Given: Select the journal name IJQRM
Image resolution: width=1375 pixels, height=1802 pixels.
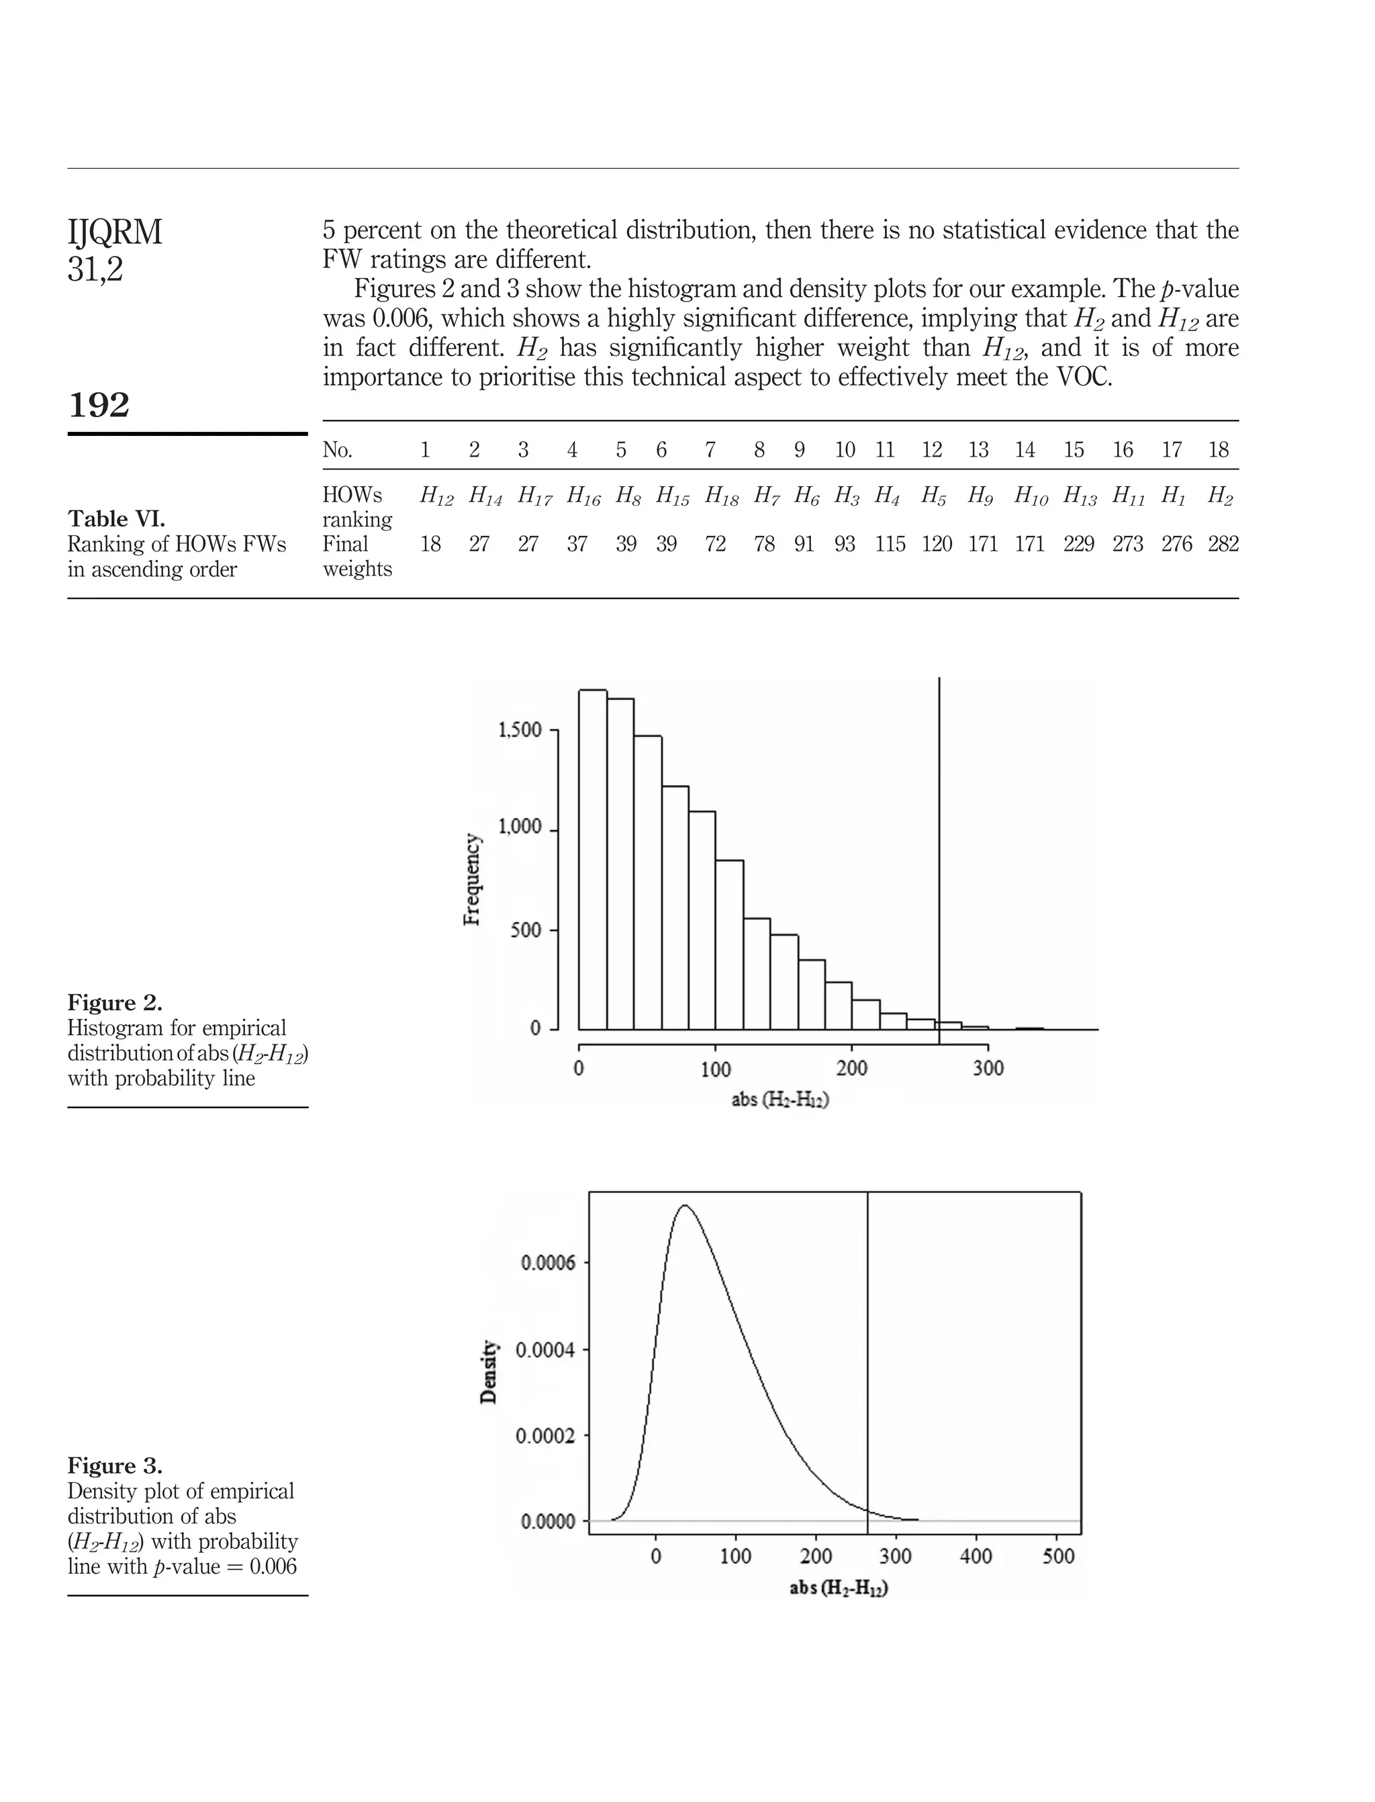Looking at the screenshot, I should pyautogui.click(x=115, y=232).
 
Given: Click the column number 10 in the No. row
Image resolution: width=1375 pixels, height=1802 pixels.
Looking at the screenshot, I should pyautogui.click(x=845, y=449).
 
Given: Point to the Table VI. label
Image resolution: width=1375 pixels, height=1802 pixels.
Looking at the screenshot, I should pyautogui.click(x=116, y=519).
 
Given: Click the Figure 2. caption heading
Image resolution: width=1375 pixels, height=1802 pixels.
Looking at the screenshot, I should pyautogui.click(x=115, y=1003).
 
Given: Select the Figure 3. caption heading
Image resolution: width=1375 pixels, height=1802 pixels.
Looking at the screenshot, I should pyautogui.click(x=115, y=1466).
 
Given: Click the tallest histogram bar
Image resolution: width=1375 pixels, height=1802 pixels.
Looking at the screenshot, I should pyautogui.click(x=593, y=860).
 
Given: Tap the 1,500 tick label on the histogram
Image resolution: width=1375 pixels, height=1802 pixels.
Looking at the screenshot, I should pyautogui.click(x=520, y=730).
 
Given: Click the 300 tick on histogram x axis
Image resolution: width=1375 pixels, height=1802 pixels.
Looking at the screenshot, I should pyautogui.click(x=988, y=1069).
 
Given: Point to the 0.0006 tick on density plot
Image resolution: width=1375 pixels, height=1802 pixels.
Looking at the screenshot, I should pyautogui.click(x=548, y=1263).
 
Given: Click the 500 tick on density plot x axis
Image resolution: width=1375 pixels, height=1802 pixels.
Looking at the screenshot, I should pyautogui.click(x=1057, y=1556).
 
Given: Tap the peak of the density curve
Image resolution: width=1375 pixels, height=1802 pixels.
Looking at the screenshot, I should pyautogui.click(x=684, y=1206).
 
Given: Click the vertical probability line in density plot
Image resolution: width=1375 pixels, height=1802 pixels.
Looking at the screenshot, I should pyautogui.click(x=867, y=1351).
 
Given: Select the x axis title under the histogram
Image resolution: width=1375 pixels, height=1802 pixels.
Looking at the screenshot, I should pyautogui.click(x=779, y=1099).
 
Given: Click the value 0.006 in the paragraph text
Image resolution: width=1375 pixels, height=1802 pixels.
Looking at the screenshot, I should pyautogui.click(x=400, y=318).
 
